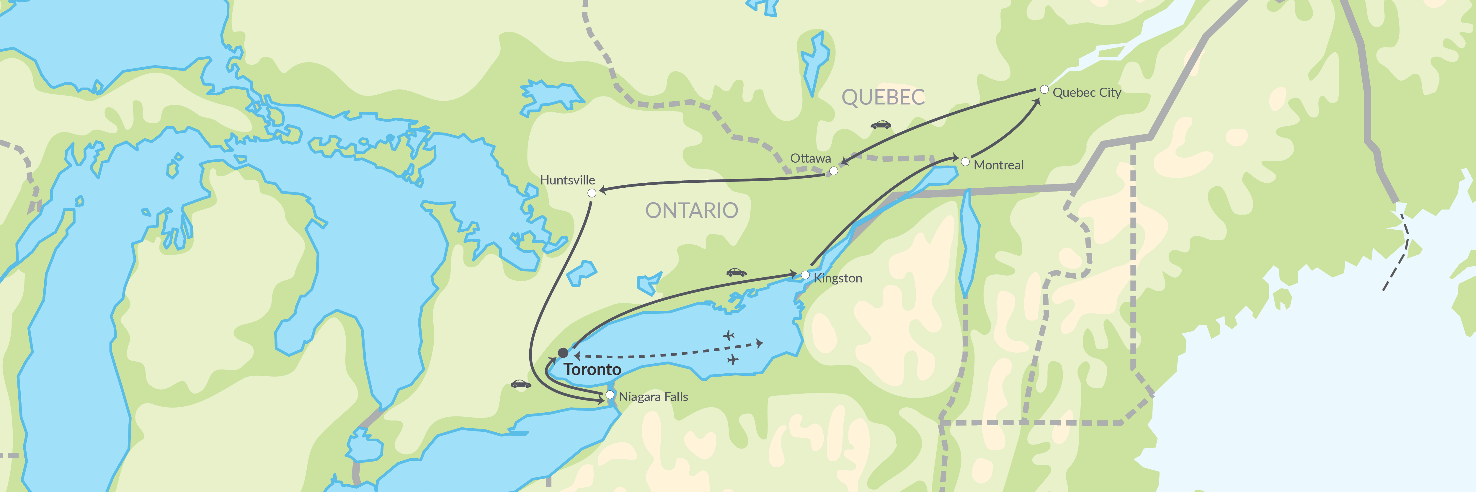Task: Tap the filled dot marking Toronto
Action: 563,353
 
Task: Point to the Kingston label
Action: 838,278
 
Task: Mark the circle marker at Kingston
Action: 805,275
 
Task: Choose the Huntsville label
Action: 567,180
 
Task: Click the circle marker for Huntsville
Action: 592,193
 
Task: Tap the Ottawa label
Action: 810,158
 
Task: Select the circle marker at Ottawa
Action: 834,171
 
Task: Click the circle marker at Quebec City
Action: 1044,89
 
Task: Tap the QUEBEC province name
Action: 883,97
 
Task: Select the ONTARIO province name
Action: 692,211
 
